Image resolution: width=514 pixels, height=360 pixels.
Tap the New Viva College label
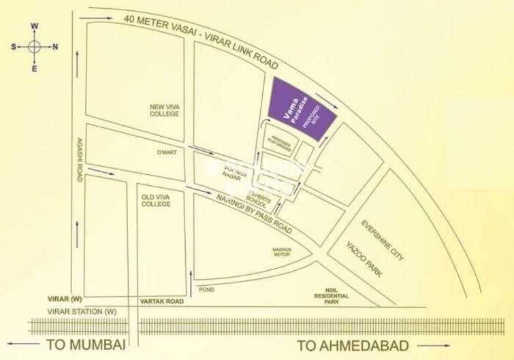[164, 110]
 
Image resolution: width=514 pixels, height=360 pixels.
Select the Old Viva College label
[155, 199]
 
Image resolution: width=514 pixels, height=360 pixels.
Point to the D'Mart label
[167, 152]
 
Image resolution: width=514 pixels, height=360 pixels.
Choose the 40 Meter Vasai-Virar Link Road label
[201, 40]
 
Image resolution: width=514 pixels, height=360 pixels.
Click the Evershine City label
[383, 240]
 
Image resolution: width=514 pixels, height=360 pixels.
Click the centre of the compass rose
[35, 47]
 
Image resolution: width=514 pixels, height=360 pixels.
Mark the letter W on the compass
[35, 27]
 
